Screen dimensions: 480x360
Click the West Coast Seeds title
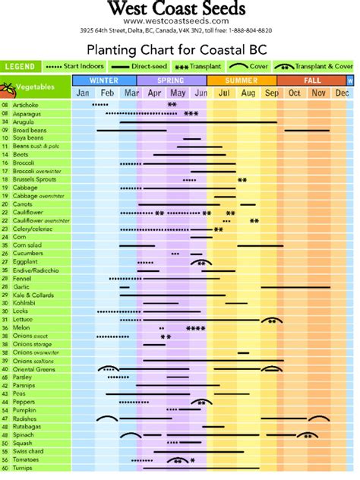click(176, 9)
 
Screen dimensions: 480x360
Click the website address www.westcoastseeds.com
click(176, 21)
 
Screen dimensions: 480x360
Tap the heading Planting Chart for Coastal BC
click(178, 49)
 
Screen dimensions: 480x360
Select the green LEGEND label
click(21, 67)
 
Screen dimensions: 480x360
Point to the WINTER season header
click(104, 80)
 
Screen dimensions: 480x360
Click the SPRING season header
click(171, 80)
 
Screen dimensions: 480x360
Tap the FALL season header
click(311, 80)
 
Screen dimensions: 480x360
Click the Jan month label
click(84, 93)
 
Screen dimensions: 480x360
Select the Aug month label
click(248, 93)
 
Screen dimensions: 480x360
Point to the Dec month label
click(342, 93)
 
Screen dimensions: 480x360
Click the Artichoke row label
click(27, 104)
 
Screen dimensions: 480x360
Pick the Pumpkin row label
click(24, 411)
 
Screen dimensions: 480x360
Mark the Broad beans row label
click(29, 129)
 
